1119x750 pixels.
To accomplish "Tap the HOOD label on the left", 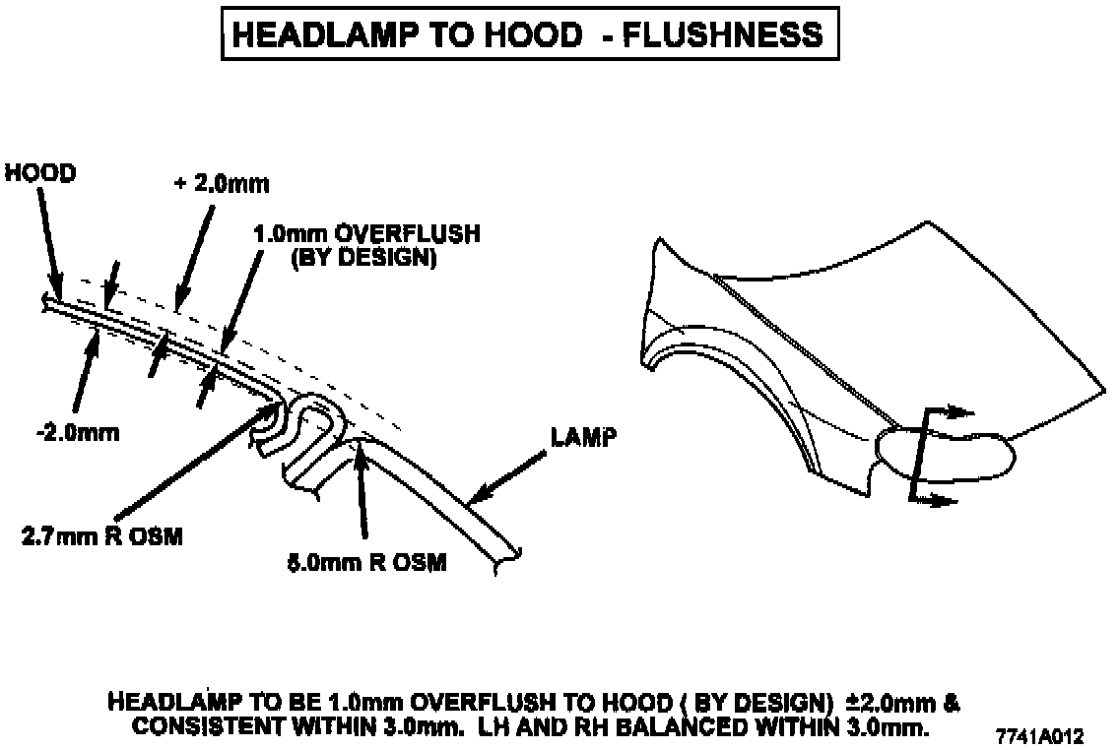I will coord(40,173).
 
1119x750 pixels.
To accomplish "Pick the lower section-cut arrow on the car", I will coord(941,501).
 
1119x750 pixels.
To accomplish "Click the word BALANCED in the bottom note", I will coord(733,728).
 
